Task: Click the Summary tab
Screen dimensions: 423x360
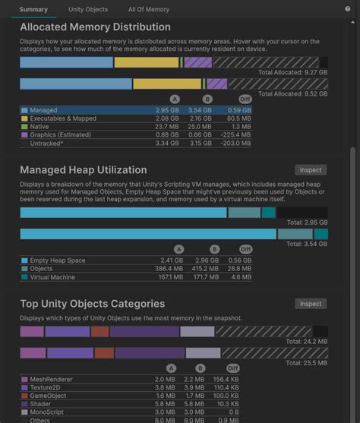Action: pyautogui.click(x=34, y=9)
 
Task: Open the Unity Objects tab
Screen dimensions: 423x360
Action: pyautogui.click(x=88, y=9)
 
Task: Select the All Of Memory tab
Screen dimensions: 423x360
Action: pyautogui.click(x=149, y=9)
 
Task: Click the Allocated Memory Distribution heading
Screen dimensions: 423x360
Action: pyautogui.click(x=95, y=27)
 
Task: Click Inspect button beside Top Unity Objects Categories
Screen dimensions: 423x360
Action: pyautogui.click(x=311, y=304)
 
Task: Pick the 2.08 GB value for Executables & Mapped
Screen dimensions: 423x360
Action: pyautogui.click(x=167, y=118)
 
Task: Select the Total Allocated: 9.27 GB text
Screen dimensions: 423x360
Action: pyautogui.click(x=292, y=72)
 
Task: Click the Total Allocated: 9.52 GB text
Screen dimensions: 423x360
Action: pyautogui.click(x=292, y=94)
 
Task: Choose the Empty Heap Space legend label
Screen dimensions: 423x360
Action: pyautogui.click(x=58, y=260)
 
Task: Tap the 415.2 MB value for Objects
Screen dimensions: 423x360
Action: pyautogui.click(x=204, y=269)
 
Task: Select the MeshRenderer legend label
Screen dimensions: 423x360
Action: pyautogui.click(x=52, y=379)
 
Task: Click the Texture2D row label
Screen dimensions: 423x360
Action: pyautogui.click(x=47, y=387)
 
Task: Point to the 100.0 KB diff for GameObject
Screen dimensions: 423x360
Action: pyautogui.click(x=238, y=396)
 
